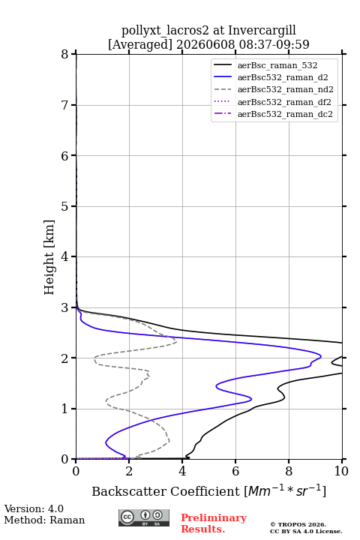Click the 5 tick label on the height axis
pyautogui.click(x=65, y=206)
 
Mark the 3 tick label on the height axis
pyautogui.click(x=65, y=307)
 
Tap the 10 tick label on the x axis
pyautogui.click(x=341, y=471)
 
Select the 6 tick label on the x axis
pyautogui.click(x=235, y=471)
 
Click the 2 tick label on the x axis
pyautogui.click(x=129, y=471)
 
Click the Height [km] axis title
pyautogui.click(x=49, y=257)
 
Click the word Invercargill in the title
pyautogui.click(x=262, y=31)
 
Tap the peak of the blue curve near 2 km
pyautogui.click(x=321, y=356)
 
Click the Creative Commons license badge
pyautogui.click(x=144, y=517)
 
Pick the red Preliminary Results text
pyautogui.click(x=214, y=523)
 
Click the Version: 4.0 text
pyautogui.click(x=34, y=508)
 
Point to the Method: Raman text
pyautogui.click(x=44, y=520)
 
